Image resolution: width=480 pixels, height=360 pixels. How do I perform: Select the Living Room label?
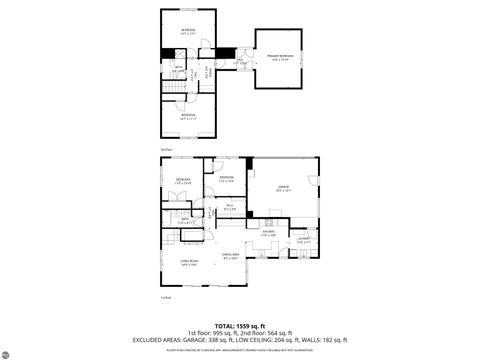coord(187,263)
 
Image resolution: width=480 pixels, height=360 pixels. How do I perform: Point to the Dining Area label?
coord(229,256)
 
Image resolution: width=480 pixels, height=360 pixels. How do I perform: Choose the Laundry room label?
coord(302,238)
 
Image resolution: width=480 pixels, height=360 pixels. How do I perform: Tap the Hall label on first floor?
coord(229,207)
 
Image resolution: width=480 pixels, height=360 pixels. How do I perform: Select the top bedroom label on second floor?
coord(188,30)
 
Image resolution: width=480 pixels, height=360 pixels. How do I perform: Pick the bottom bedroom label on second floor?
coord(188,115)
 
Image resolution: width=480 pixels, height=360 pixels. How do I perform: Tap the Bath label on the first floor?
coord(184,220)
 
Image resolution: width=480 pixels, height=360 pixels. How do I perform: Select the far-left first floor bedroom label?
coord(183,181)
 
